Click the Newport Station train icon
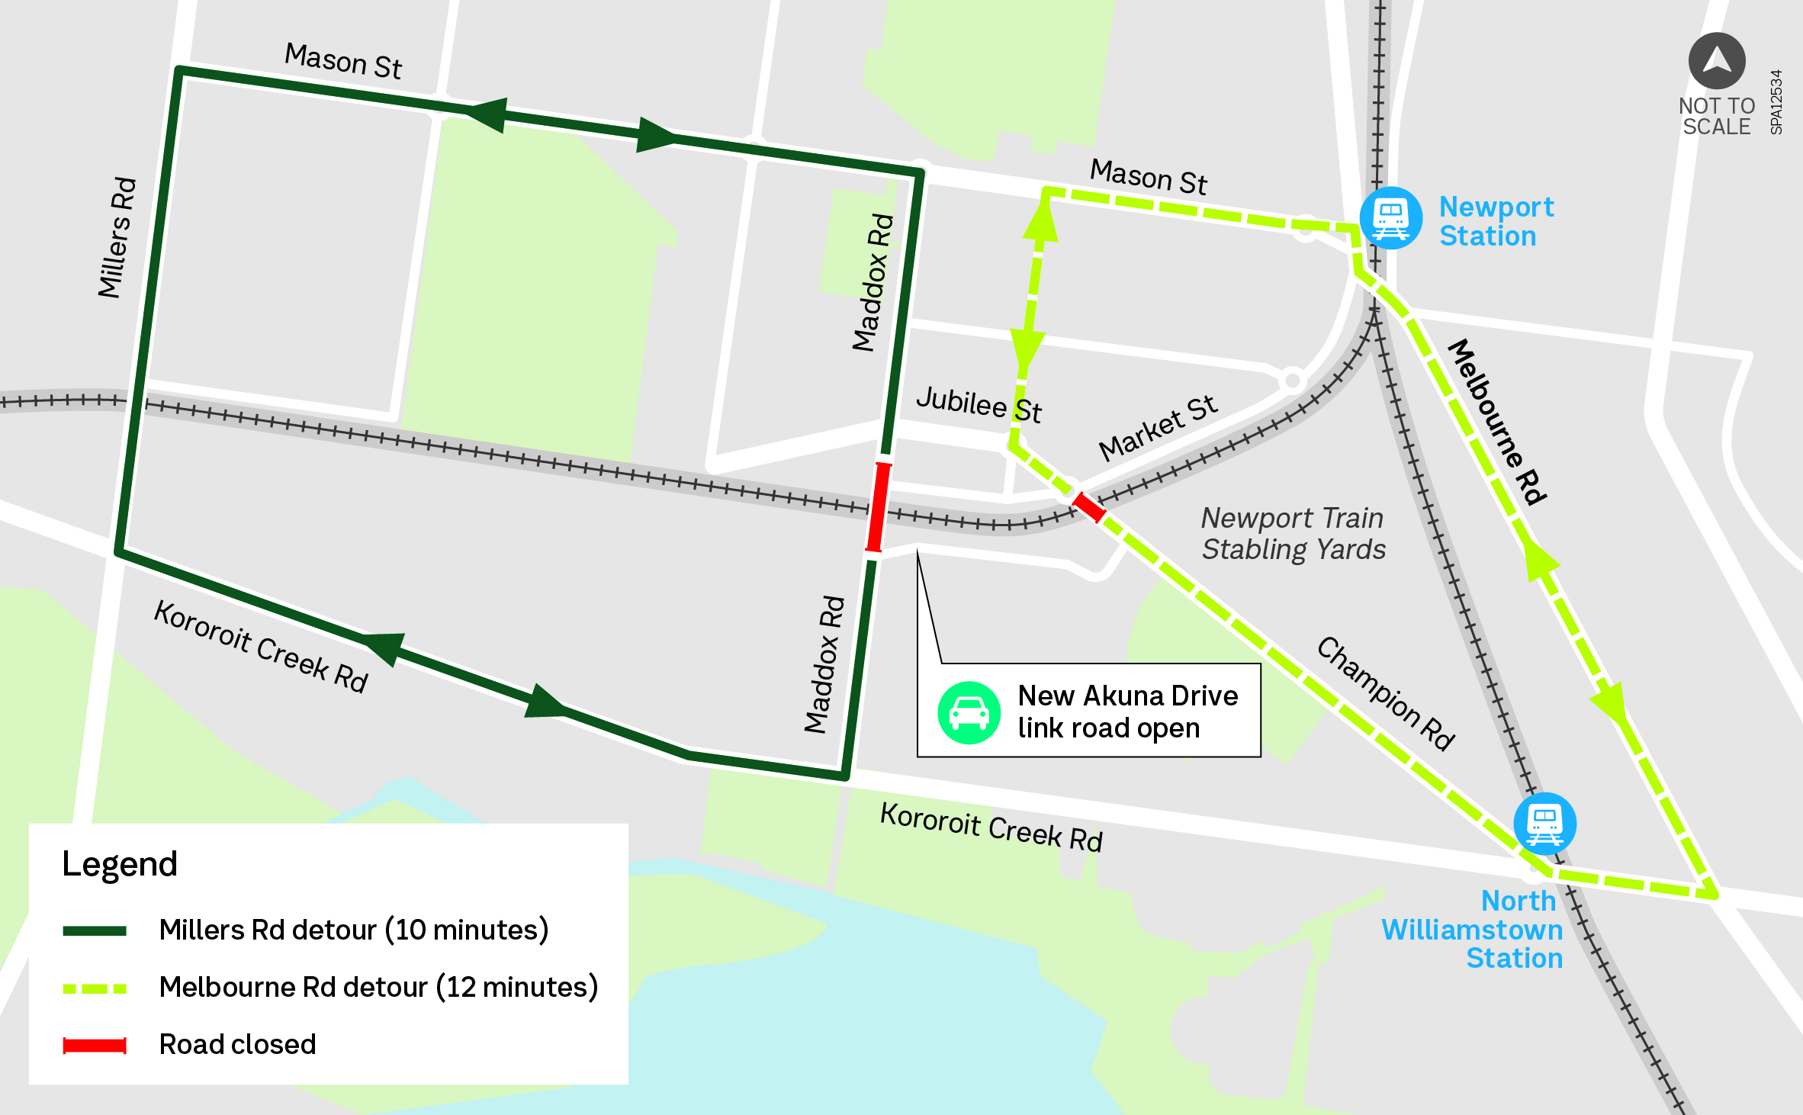[1391, 218]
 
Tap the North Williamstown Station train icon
[1545, 824]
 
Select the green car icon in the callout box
[969, 712]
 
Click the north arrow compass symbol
[1717, 60]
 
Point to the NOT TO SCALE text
[1717, 116]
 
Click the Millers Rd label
[117, 237]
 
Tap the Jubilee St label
[979, 404]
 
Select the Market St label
[1157, 428]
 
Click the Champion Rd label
[1386, 694]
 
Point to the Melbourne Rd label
[1497, 422]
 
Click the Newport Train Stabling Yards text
[1293, 534]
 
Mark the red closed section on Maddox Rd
[879, 507]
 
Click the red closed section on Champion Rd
[1088, 507]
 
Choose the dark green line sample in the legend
[95, 930]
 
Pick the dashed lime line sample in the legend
[95, 988]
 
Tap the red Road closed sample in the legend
[95, 1045]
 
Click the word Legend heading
[120, 864]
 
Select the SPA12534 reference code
[1776, 102]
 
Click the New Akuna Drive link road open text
[1127, 712]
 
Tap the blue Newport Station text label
[1495, 221]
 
